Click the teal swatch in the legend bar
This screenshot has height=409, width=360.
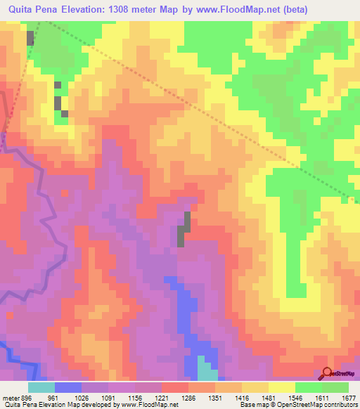(41, 387)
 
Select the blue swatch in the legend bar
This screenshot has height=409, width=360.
(68, 387)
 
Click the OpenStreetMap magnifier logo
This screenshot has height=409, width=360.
(326, 372)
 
